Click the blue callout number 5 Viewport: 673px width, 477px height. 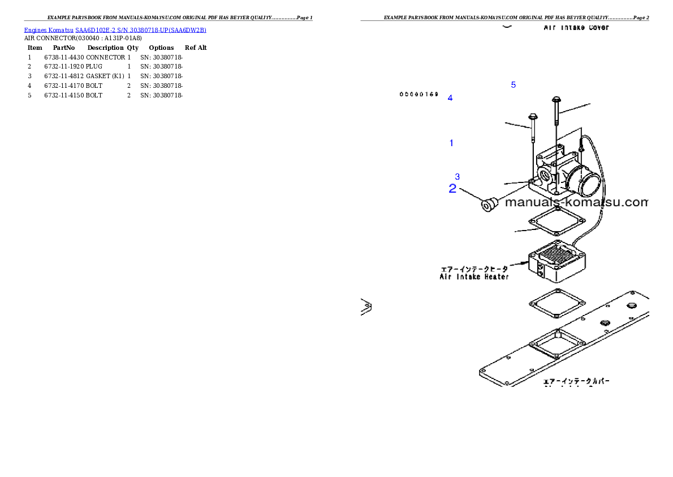[x=514, y=85]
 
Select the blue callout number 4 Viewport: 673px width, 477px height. [x=450, y=98]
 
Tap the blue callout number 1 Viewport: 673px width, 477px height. [x=451, y=143]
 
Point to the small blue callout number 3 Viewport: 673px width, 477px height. [x=458, y=177]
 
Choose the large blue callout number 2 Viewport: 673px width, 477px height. [x=452, y=189]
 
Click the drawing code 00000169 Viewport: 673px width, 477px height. [x=419, y=94]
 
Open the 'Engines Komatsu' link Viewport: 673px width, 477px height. [x=49, y=29]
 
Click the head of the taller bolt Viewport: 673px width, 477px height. [x=556, y=100]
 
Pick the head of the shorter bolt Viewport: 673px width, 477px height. [x=533, y=117]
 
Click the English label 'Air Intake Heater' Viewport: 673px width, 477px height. [x=474, y=277]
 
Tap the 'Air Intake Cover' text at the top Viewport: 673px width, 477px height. [x=576, y=27]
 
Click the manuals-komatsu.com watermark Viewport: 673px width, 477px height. [x=575, y=202]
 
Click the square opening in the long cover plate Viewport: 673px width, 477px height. [x=556, y=343]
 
